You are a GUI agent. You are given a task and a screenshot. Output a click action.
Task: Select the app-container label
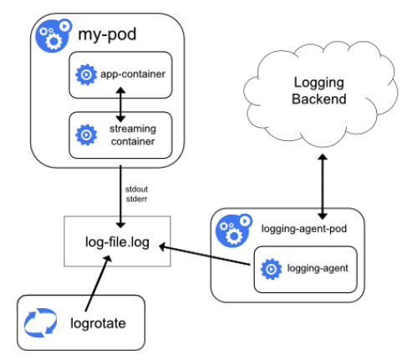133,75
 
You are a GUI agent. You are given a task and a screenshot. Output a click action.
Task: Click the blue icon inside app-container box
84,75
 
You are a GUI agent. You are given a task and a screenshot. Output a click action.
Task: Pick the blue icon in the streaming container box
84,134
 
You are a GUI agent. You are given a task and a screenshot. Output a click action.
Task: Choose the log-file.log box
118,241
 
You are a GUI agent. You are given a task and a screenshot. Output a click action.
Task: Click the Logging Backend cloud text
321,92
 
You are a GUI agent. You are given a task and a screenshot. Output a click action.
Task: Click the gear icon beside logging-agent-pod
233,231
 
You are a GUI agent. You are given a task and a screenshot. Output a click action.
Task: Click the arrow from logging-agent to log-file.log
209,256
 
